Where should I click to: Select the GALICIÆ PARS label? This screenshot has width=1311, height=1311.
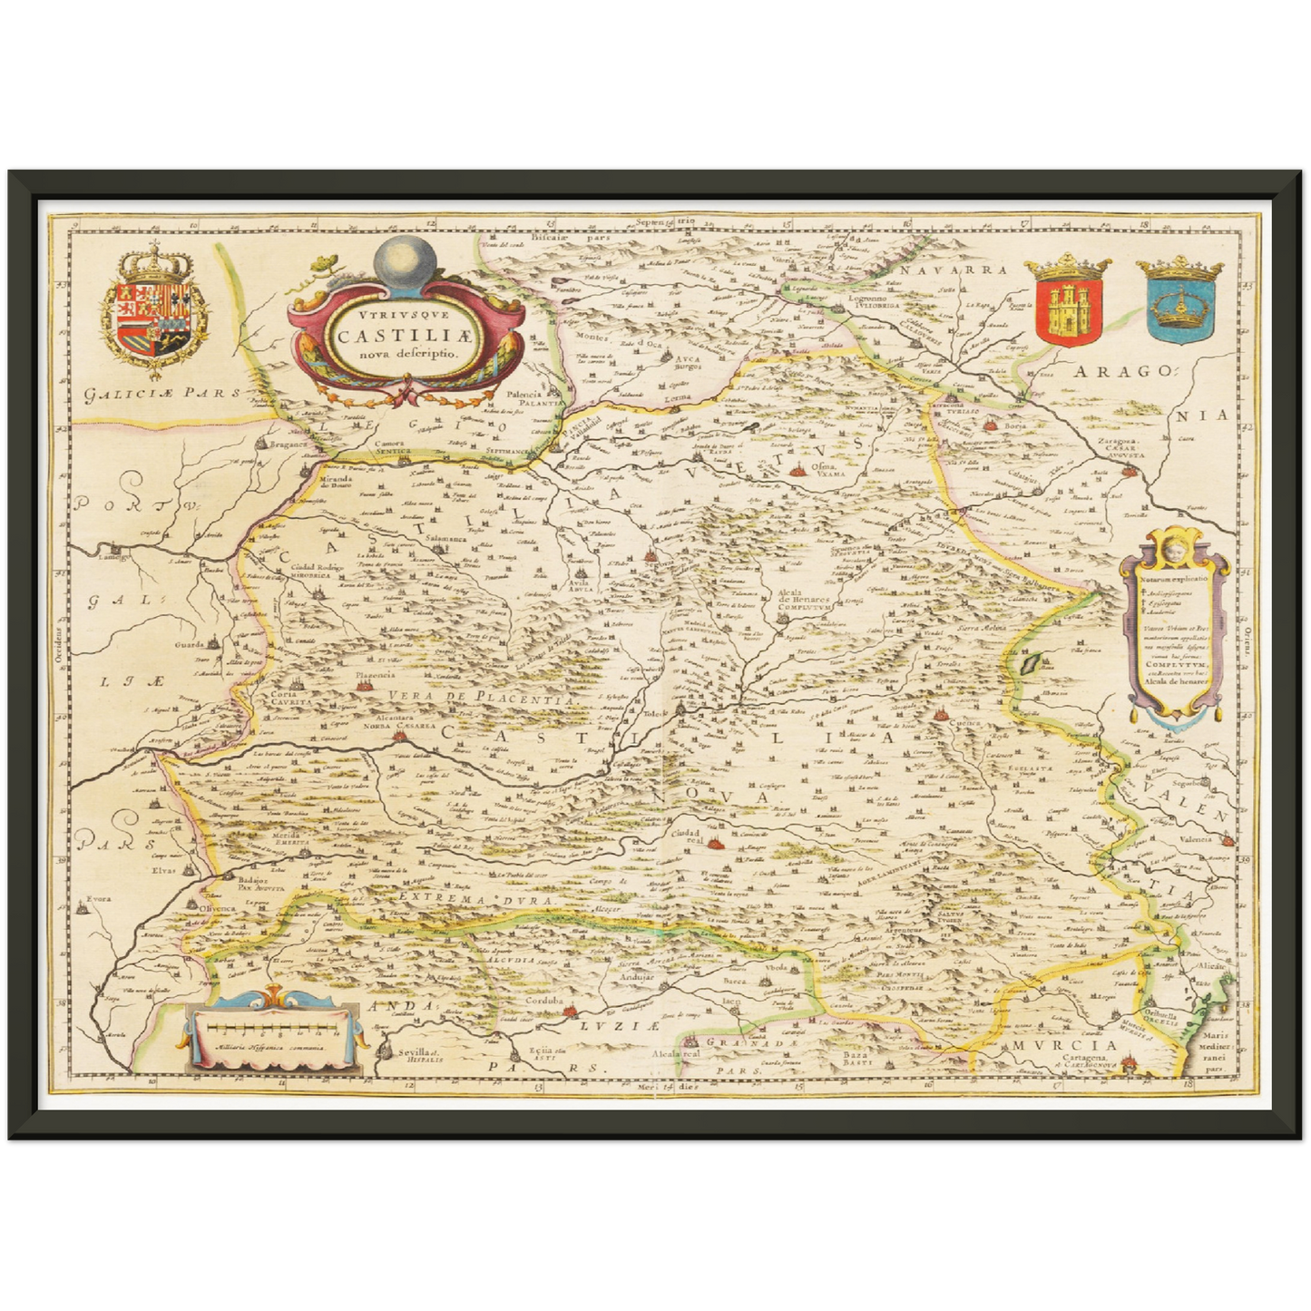(158, 393)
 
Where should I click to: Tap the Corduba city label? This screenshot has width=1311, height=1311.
(543, 1001)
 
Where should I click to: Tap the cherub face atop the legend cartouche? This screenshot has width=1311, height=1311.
(1174, 550)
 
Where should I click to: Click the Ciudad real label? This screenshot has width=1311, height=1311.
(686, 835)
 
